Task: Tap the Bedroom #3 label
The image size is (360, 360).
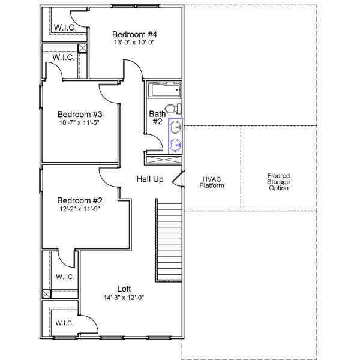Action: [x=80, y=114]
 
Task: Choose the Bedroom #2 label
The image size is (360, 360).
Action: [x=80, y=200]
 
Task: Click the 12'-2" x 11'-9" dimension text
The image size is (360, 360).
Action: [x=80, y=209]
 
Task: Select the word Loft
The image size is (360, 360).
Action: [x=124, y=288]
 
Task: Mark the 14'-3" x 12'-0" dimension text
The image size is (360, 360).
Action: [x=124, y=297]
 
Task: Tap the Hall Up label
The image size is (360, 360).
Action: [x=150, y=179]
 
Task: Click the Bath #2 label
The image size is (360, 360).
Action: [x=157, y=117]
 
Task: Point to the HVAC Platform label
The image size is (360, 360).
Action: [x=212, y=182]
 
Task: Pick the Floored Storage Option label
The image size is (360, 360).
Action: [x=279, y=182]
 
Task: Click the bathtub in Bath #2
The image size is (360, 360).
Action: [x=164, y=92]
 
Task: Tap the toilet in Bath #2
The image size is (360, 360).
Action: [x=172, y=109]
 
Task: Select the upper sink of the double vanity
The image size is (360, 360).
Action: [x=175, y=127]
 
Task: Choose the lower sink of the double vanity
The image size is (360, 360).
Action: [x=175, y=145]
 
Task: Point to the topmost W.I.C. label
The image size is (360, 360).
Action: [x=64, y=28]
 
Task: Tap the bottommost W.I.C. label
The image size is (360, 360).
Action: [x=64, y=323]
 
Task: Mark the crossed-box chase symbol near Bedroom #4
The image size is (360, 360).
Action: [x=83, y=50]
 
